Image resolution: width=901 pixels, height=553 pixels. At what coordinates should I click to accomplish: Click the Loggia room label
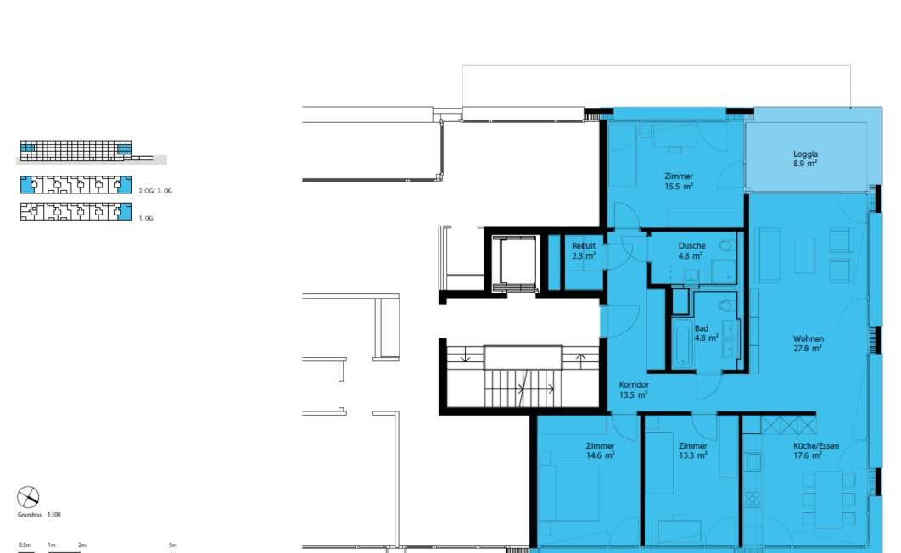point(805,154)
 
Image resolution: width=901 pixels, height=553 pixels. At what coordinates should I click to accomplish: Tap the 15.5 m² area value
point(679,186)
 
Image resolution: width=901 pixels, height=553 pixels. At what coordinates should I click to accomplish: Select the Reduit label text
point(583,246)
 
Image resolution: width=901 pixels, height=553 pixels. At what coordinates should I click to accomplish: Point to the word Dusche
point(691,246)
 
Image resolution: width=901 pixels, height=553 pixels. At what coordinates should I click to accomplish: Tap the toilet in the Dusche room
point(727,244)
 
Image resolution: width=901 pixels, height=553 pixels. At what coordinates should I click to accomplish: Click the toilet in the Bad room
point(728,304)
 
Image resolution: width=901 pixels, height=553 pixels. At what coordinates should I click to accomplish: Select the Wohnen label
point(808,338)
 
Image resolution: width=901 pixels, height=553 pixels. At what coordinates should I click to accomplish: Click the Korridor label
point(634,385)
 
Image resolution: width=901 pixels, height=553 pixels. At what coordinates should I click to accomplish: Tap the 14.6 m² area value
point(600,455)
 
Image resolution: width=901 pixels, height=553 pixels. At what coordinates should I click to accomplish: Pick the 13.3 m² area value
point(692,455)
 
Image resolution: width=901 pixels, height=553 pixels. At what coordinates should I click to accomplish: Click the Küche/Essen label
point(816,445)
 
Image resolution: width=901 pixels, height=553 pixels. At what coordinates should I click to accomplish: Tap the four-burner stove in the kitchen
point(753,498)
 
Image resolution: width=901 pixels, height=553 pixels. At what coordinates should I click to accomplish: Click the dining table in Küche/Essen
point(829,496)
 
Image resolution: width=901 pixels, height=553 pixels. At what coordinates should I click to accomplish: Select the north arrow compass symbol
point(28,497)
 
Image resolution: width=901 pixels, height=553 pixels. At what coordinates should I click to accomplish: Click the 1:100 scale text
point(54,515)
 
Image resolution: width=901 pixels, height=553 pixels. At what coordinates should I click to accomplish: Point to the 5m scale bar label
point(173,545)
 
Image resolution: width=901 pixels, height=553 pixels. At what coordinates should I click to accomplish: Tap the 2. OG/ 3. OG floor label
point(155,191)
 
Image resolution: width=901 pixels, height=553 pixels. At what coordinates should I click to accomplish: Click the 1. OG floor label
point(146,218)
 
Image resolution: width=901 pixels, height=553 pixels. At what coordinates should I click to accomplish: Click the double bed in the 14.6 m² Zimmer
point(569,493)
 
